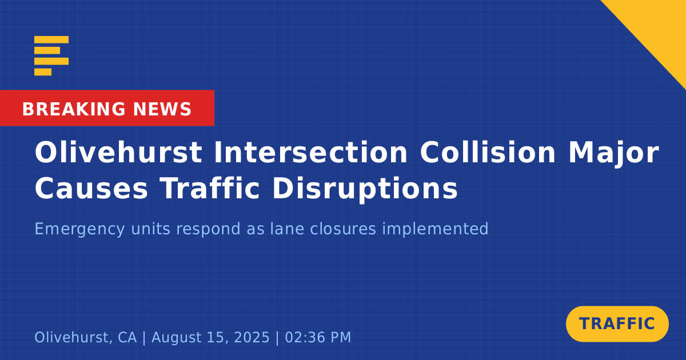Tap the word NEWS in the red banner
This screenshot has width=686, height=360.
(162, 109)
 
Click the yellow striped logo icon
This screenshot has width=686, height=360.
(51, 56)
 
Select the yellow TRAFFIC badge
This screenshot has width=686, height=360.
(617, 324)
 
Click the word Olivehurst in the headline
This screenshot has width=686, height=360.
(118, 153)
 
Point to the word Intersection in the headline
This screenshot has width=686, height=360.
(311, 153)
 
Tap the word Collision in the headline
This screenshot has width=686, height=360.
(488, 153)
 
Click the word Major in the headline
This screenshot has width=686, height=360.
(614, 154)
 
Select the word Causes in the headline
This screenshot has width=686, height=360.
(91, 188)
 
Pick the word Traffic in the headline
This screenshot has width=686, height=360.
(210, 187)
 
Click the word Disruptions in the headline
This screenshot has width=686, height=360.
(365, 190)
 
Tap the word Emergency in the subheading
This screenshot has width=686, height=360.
(79, 229)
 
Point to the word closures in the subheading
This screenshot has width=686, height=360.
(342, 229)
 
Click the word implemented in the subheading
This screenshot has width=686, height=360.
(435, 229)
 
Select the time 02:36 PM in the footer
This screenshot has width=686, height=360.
(318, 337)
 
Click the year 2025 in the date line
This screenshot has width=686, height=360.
(252, 337)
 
